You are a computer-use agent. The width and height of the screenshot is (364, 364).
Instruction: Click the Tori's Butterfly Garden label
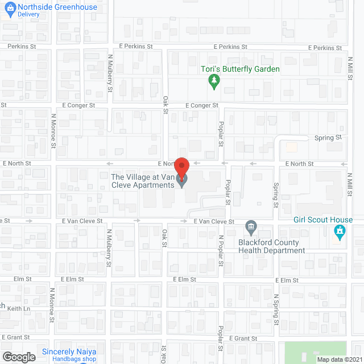[241, 69]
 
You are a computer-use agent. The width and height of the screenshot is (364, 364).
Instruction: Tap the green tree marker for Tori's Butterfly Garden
[214, 82]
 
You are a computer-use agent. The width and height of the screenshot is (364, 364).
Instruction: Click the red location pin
[181, 168]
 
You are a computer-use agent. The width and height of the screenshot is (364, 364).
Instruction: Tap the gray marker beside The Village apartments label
[182, 181]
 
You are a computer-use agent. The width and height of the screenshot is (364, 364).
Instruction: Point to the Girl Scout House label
[324, 220]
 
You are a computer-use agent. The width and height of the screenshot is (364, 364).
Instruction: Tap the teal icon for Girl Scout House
[340, 231]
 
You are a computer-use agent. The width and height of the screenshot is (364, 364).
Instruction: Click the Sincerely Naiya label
[70, 351]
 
